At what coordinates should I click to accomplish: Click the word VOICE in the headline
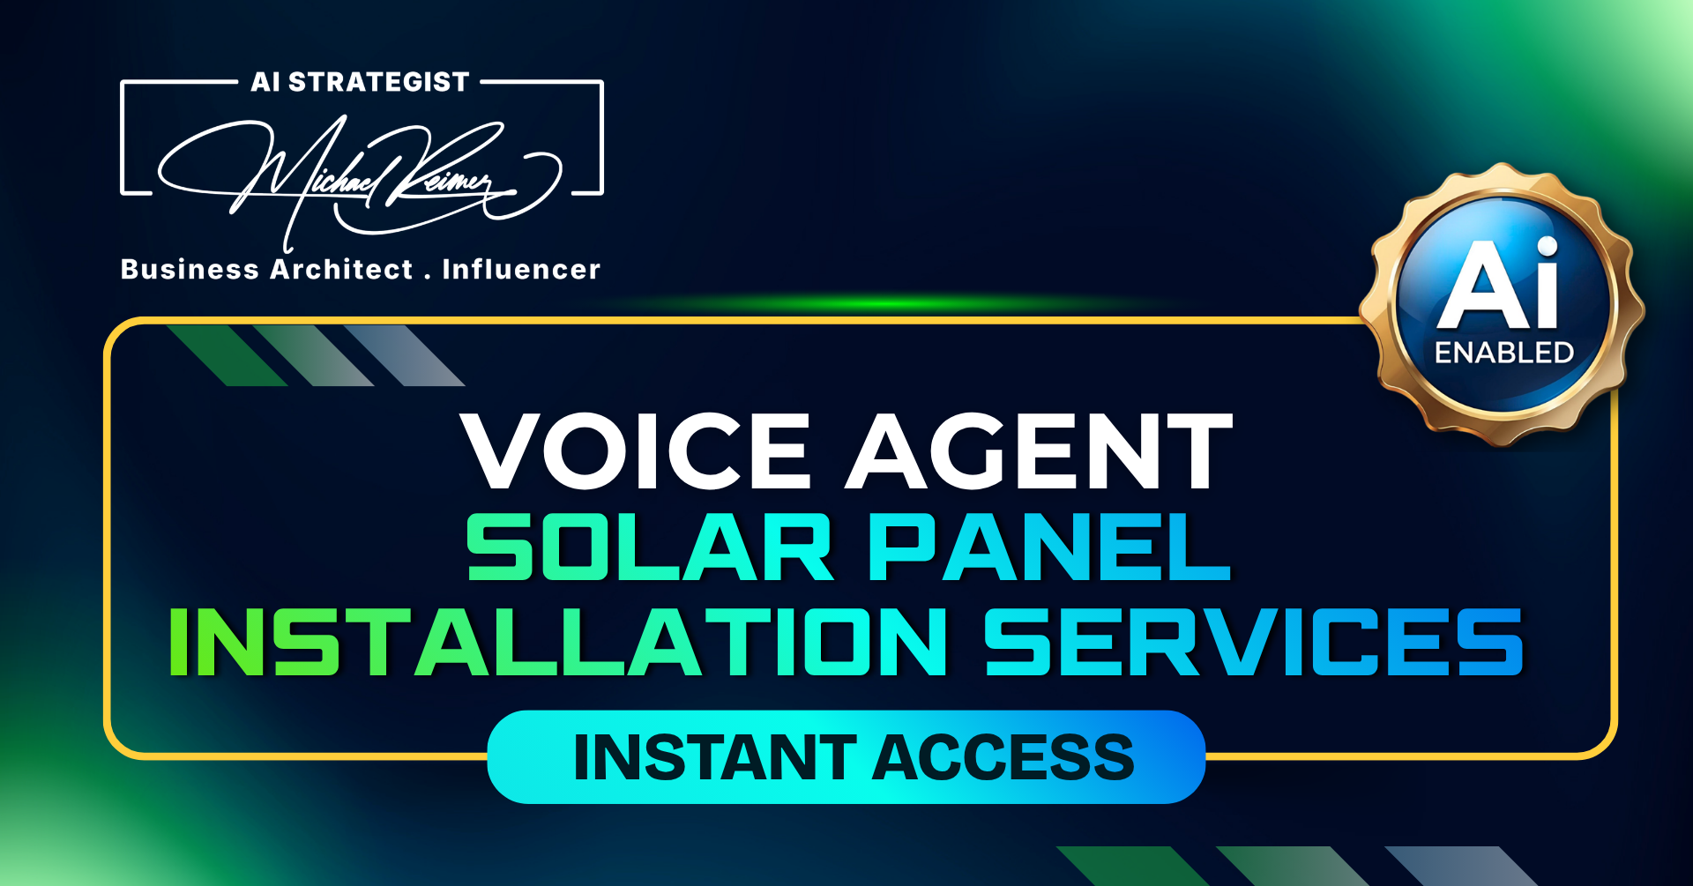[x=635, y=450]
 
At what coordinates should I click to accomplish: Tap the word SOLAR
[x=650, y=547]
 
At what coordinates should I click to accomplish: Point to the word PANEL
[x=1049, y=547]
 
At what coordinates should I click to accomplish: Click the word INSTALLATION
[x=557, y=642]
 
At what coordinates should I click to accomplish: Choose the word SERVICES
[x=1254, y=642]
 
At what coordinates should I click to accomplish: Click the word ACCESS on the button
[x=1003, y=757]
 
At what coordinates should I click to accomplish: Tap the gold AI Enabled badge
[x=1502, y=304]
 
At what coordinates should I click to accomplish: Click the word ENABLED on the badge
[x=1504, y=353]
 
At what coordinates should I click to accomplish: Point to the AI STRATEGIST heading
[x=360, y=82]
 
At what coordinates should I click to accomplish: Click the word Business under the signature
[x=190, y=269]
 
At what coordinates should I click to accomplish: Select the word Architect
[x=341, y=269]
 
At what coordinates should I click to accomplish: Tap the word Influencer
[x=521, y=269]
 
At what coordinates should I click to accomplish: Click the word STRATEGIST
[x=379, y=82]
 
